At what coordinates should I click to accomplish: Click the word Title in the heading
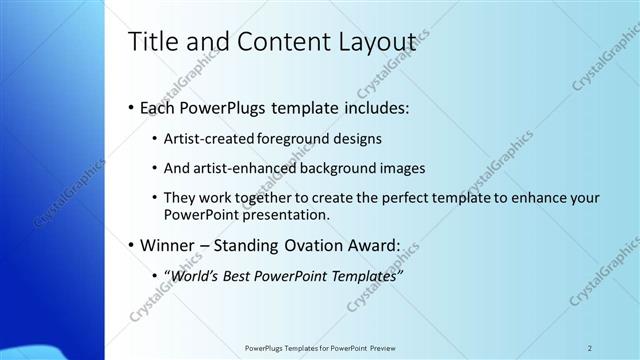(x=154, y=41)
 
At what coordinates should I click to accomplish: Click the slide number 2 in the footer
(x=590, y=348)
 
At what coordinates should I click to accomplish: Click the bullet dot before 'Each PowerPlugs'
(x=132, y=108)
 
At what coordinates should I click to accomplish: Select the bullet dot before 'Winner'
(x=132, y=245)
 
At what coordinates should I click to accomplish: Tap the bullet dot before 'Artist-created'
(x=153, y=139)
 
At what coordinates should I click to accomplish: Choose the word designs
(x=354, y=139)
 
